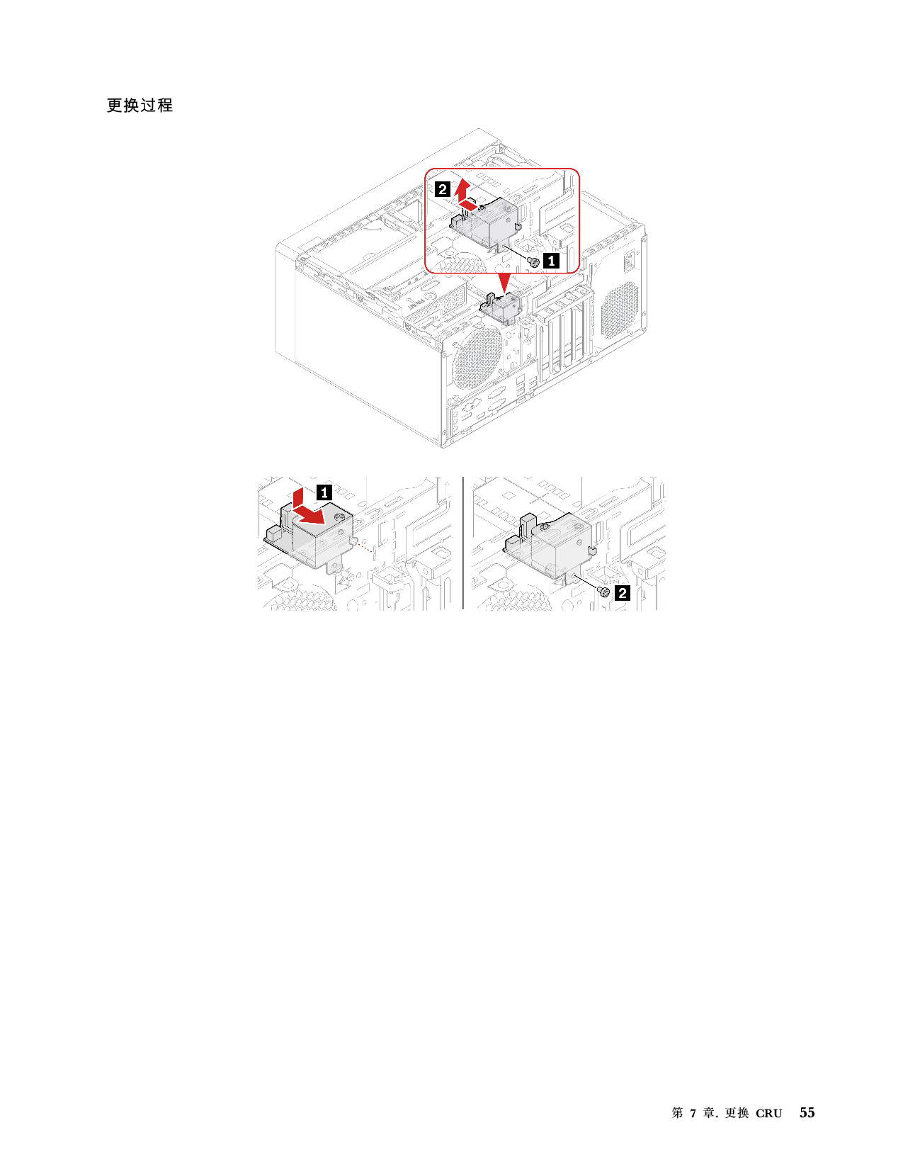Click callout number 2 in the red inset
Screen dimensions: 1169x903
[x=443, y=189]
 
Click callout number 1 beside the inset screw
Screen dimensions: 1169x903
[x=551, y=261]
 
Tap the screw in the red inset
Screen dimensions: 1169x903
[x=534, y=262]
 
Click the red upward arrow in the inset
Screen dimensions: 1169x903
[x=462, y=190]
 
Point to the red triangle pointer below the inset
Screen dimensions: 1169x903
[x=504, y=282]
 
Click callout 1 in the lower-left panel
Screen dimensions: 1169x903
[x=324, y=492]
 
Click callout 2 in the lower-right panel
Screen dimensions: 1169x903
[x=622, y=593]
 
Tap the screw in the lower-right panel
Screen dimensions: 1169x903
[x=604, y=592]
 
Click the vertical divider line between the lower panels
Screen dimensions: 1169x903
[x=462, y=543]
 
